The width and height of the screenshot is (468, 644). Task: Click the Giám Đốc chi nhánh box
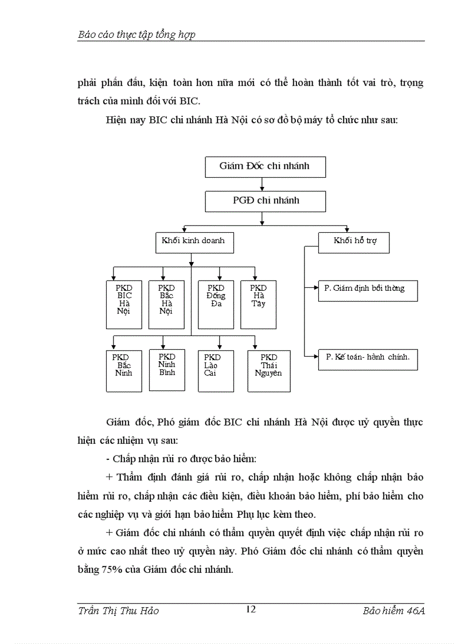(x=265, y=166)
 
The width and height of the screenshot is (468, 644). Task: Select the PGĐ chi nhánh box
(x=265, y=201)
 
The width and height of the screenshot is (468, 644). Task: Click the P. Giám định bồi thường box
(x=368, y=290)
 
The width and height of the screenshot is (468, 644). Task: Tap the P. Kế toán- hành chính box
(x=368, y=359)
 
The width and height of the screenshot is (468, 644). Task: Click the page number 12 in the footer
(x=250, y=609)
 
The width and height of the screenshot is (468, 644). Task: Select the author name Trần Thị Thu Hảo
(x=118, y=611)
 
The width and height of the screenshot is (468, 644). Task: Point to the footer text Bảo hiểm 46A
(x=393, y=611)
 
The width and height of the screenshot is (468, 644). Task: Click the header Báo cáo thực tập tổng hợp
(x=136, y=34)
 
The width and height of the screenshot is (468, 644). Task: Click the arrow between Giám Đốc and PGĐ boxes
(x=263, y=184)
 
